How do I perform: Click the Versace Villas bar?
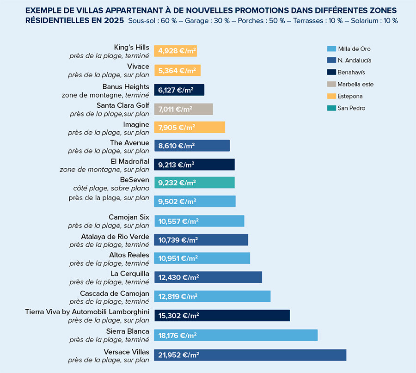pos(250,355)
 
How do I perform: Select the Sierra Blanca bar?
pos(236,335)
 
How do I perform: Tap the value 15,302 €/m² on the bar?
pos(178,316)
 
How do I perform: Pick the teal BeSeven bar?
pos(194,183)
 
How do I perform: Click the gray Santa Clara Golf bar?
pos(184,109)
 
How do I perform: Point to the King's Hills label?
pos(132,47)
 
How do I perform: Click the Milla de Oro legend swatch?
pos(330,49)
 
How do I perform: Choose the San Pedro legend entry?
pos(351,108)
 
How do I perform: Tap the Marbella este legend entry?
pos(355,84)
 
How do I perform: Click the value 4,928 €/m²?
pos(174,51)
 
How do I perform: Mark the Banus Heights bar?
pos(179,90)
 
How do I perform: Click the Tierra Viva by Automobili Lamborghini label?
pos(87,312)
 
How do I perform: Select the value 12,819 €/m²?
pos(178,297)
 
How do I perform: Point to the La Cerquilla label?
pos(130,274)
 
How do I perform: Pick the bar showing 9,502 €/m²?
pos(195,202)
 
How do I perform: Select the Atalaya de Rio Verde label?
pos(115,237)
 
